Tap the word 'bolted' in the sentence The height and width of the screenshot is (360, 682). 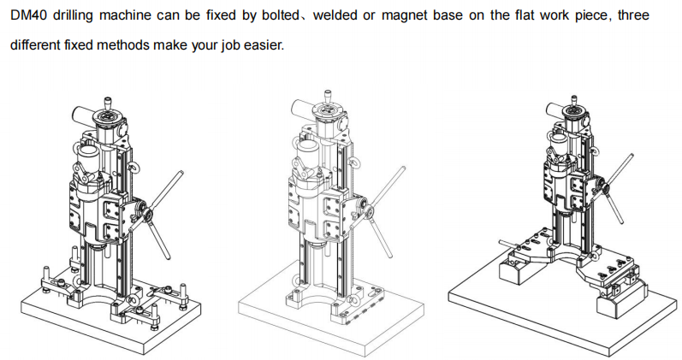point(280,15)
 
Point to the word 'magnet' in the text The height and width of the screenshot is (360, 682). point(403,15)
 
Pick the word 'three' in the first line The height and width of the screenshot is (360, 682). point(633,15)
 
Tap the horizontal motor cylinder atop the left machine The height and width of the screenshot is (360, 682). point(83,116)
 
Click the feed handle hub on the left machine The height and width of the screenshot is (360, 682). point(148,213)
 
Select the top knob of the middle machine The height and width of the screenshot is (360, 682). point(327,97)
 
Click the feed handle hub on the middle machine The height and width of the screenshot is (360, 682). point(370,212)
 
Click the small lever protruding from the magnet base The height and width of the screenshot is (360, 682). point(508,245)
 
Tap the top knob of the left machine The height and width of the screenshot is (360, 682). point(107,103)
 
